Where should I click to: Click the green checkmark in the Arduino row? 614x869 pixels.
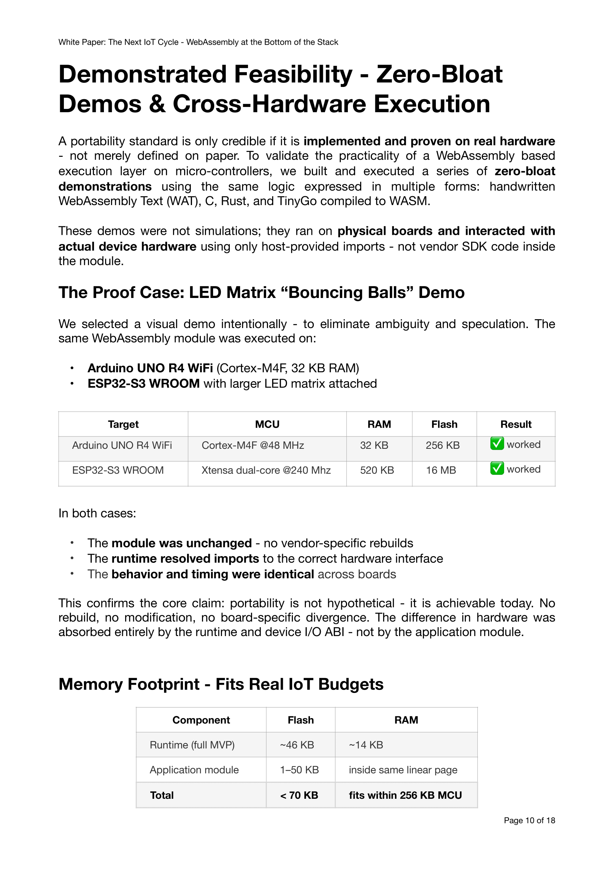[x=497, y=443]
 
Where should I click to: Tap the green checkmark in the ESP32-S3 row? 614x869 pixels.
[x=497, y=468]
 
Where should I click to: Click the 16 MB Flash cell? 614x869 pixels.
[x=441, y=470]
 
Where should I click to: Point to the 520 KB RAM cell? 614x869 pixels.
[x=377, y=470]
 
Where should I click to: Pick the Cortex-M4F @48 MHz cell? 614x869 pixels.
[x=252, y=445]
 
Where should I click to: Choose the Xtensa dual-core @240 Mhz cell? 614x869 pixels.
[x=266, y=470]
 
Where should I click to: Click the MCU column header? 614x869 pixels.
[x=267, y=424]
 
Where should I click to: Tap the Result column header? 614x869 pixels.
[x=516, y=424]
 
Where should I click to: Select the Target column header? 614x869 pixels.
[x=123, y=424]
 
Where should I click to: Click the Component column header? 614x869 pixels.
[x=201, y=720]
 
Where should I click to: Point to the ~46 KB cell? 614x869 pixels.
[x=297, y=745]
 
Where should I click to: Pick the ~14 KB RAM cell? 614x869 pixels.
[x=366, y=745]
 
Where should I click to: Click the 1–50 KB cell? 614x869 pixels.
[x=299, y=770]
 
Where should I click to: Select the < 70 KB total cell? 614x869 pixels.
[x=299, y=795]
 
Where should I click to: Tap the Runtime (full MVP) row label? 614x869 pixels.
[x=192, y=745]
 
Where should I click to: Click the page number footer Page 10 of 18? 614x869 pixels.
[x=529, y=820]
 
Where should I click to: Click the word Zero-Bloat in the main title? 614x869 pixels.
[x=439, y=74]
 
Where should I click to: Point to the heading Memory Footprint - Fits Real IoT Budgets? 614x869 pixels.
[x=221, y=684]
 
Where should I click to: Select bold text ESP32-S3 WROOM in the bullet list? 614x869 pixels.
[x=144, y=383]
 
